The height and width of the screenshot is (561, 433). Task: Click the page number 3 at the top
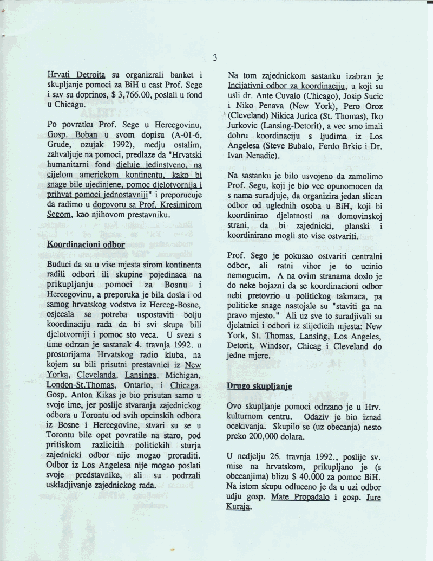(215, 57)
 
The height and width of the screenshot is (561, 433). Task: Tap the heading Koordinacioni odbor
(86, 244)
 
